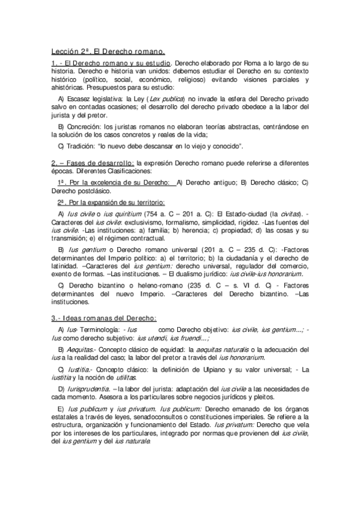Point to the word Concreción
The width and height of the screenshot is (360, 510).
click(x=85, y=126)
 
